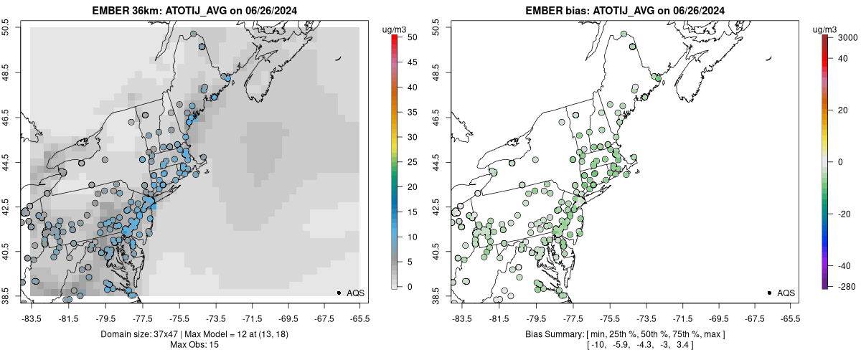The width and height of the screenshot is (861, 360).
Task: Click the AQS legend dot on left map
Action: point(338,293)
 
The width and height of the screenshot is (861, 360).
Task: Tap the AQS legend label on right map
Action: point(786,293)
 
